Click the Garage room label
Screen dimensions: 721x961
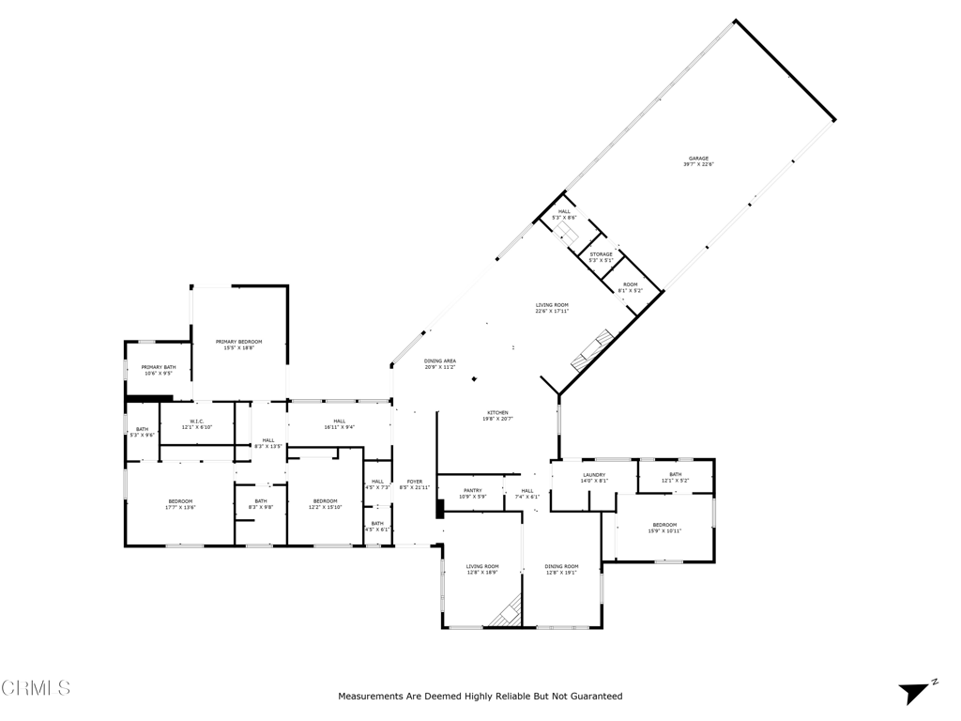click(698, 161)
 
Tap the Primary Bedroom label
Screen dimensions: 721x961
click(238, 345)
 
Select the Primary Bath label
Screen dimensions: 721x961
click(159, 370)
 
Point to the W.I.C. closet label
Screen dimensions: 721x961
click(197, 424)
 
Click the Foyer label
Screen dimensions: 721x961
click(414, 484)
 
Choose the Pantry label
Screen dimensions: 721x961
click(472, 493)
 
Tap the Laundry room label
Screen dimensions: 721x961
click(594, 478)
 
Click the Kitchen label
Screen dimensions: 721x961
click(497, 416)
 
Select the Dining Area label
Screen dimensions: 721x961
click(440, 363)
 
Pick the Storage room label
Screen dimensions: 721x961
click(601, 257)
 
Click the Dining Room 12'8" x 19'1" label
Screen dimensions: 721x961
click(561, 569)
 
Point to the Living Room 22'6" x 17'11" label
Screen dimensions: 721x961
click(552, 308)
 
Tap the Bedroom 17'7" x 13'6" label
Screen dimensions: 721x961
click(180, 504)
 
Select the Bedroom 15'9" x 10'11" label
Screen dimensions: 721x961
click(664, 528)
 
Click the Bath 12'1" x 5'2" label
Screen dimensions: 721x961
click(675, 477)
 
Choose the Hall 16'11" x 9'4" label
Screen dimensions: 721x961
click(339, 423)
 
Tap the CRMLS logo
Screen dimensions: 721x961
click(36, 688)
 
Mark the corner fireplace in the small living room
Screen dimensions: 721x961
click(508, 612)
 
